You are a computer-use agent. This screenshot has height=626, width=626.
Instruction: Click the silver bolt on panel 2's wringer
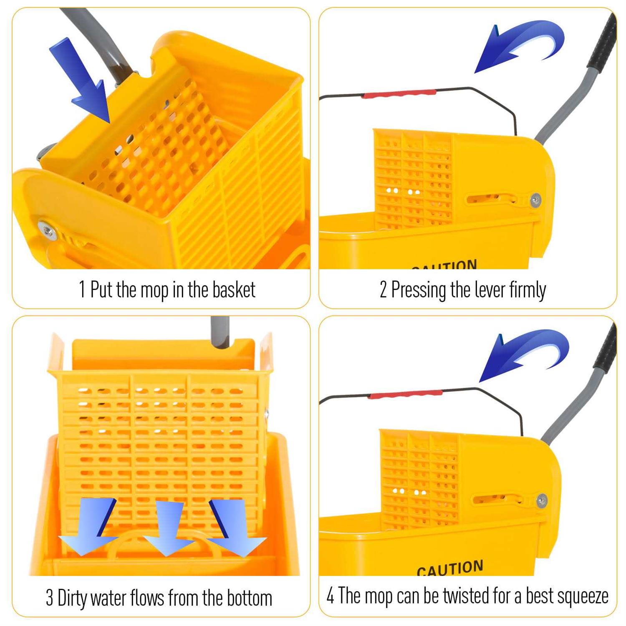(535, 200)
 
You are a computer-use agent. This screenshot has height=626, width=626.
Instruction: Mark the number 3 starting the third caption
(49, 598)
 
